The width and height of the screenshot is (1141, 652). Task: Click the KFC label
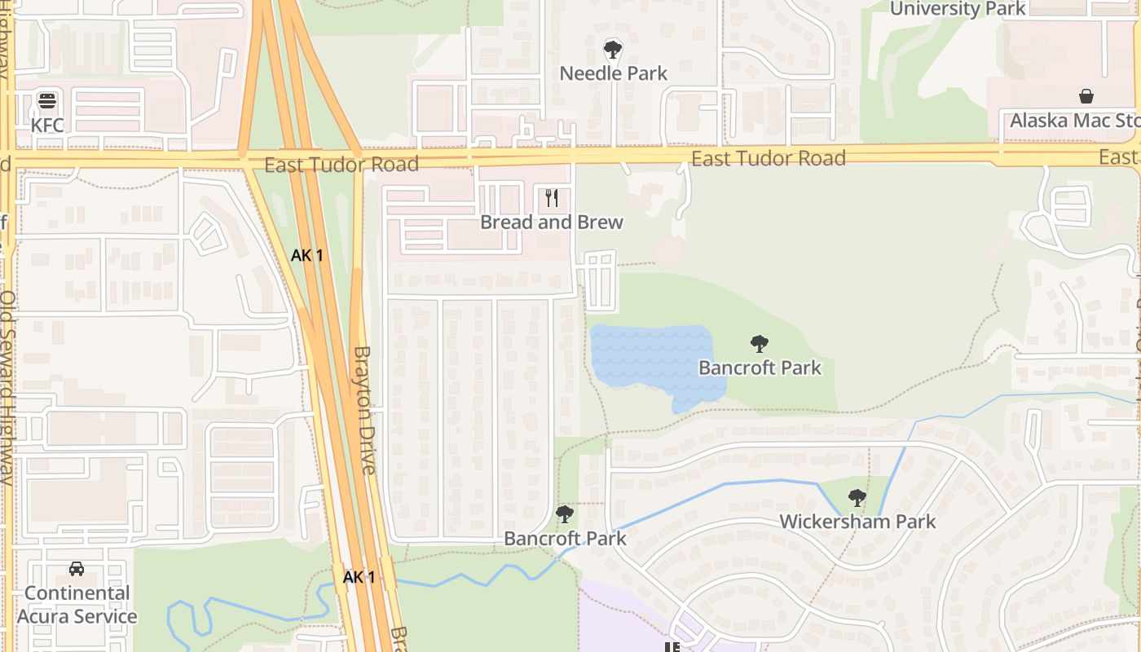pos(47,126)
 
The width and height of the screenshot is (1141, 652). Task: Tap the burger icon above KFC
pos(47,101)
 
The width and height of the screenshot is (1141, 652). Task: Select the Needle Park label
pos(613,73)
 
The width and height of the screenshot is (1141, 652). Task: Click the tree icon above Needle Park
pos(613,50)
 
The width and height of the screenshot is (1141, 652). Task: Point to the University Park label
pos(958,9)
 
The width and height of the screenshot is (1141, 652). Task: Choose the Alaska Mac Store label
pos(1074,121)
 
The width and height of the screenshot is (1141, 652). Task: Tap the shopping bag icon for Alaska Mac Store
pos(1086,96)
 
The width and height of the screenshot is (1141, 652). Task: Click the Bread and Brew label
pos(552,222)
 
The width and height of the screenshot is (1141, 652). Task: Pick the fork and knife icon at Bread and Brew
pos(552,198)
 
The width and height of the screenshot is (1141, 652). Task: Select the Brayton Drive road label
pos(364,410)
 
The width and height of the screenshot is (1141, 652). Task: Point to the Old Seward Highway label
pos(7,387)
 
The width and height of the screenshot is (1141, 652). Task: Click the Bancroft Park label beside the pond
pos(760,368)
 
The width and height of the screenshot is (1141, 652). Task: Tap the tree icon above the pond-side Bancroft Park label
pos(760,344)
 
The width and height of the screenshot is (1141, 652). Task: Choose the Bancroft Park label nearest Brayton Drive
pos(565,539)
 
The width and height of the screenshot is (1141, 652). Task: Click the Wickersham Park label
pos(857,522)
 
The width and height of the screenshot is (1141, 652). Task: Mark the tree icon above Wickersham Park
pos(857,497)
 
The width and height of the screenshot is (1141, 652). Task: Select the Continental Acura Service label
pos(77,605)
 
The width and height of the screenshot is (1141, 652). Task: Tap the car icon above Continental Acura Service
pos(77,569)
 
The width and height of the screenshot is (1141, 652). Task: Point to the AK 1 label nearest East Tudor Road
pos(307,255)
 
